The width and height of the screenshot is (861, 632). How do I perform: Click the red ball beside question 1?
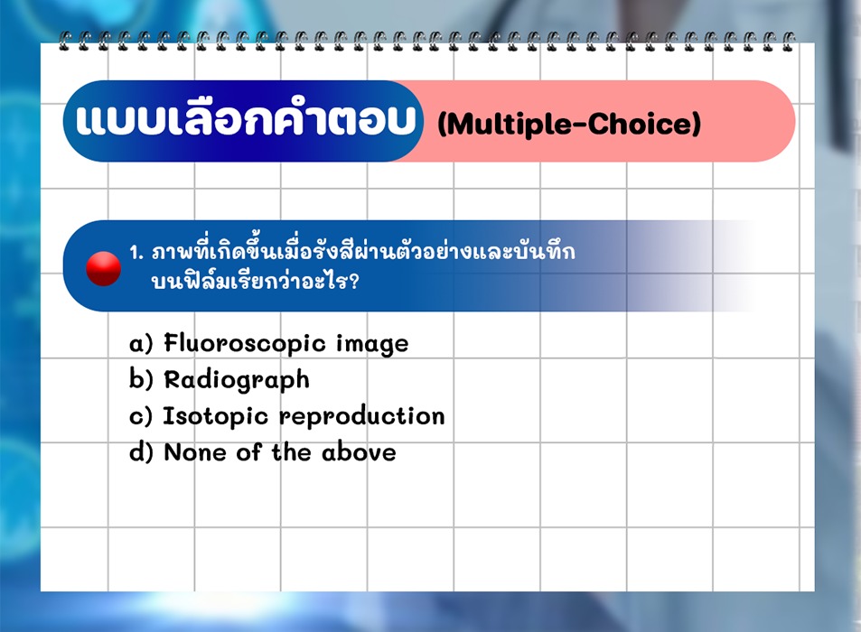tap(103, 269)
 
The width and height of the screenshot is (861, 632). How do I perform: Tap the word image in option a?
tap(372, 345)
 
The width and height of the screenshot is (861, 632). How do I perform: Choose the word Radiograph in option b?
tap(237, 380)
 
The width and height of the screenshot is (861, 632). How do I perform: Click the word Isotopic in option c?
tap(216, 416)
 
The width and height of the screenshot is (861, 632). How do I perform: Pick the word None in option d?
tap(195, 452)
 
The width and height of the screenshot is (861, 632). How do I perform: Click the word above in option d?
tap(359, 452)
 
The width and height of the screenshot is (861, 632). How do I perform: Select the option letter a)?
tap(141, 344)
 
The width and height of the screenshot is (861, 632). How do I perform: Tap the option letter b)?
tap(141, 379)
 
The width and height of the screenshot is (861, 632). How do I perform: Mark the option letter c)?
tap(141, 416)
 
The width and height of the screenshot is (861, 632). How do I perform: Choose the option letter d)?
tap(141, 452)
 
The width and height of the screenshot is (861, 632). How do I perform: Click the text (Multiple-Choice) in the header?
tap(569, 124)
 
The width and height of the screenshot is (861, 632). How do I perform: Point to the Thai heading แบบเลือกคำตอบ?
tap(246, 119)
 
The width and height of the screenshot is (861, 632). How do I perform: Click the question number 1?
tap(136, 253)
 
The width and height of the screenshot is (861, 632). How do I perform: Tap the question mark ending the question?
tap(353, 282)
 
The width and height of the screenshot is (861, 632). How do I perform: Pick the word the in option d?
tap(292, 452)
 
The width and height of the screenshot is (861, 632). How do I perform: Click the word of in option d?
tap(248, 452)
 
